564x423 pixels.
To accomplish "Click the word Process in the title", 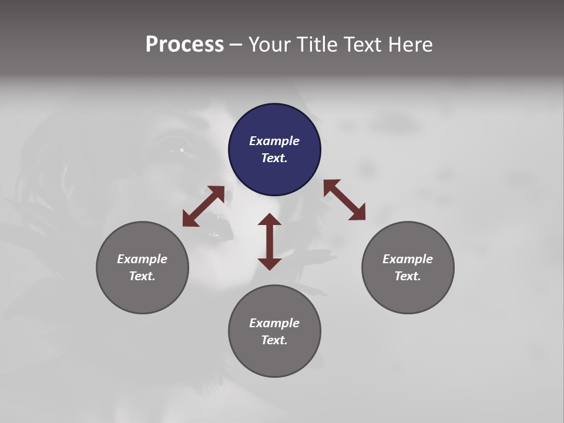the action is point(184,45).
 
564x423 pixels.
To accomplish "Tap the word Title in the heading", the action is point(317,45).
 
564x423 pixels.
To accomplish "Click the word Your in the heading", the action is point(270,45).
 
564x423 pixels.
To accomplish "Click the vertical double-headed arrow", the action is point(270,241).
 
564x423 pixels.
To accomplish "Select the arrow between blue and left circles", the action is point(203,206).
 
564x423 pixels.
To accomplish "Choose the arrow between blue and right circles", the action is point(344,200).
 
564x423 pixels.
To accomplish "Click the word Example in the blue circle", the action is point(274,141).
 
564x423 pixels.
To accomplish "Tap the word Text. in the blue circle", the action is point(274,158).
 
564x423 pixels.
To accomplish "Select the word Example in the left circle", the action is point(142,259).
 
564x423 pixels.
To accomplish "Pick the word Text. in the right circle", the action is point(408,276).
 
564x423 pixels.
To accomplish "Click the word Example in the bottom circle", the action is point(274,323).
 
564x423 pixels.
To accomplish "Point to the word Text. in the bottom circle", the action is point(274,340).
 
